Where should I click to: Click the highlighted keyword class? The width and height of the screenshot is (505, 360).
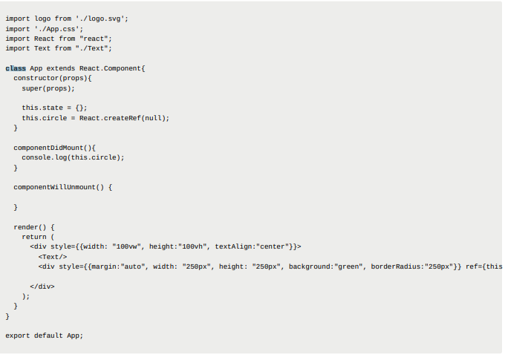[x=16, y=68]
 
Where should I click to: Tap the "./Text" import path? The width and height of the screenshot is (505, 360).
[x=94, y=48]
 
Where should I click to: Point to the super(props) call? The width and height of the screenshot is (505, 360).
[x=47, y=88]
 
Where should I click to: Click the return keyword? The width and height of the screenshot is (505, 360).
[x=33, y=237]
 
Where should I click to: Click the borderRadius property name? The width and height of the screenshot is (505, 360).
[x=396, y=266]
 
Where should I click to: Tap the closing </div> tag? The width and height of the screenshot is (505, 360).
[x=42, y=286]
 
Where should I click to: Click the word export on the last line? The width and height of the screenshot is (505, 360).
[x=18, y=336]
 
